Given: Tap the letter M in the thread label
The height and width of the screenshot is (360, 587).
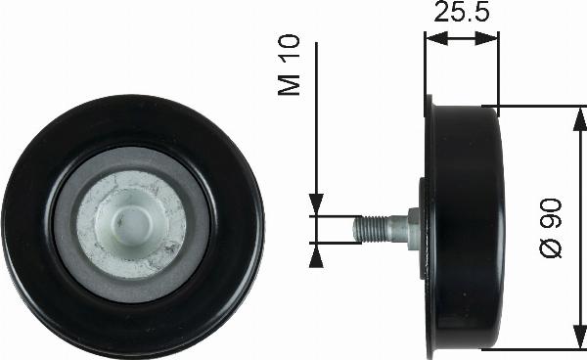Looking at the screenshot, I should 290,86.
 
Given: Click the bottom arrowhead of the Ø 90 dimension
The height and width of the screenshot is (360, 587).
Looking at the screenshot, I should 572,338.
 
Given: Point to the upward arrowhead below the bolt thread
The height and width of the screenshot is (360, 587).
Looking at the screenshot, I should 316,254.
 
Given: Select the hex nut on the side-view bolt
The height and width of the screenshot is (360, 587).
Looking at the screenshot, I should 414,228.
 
